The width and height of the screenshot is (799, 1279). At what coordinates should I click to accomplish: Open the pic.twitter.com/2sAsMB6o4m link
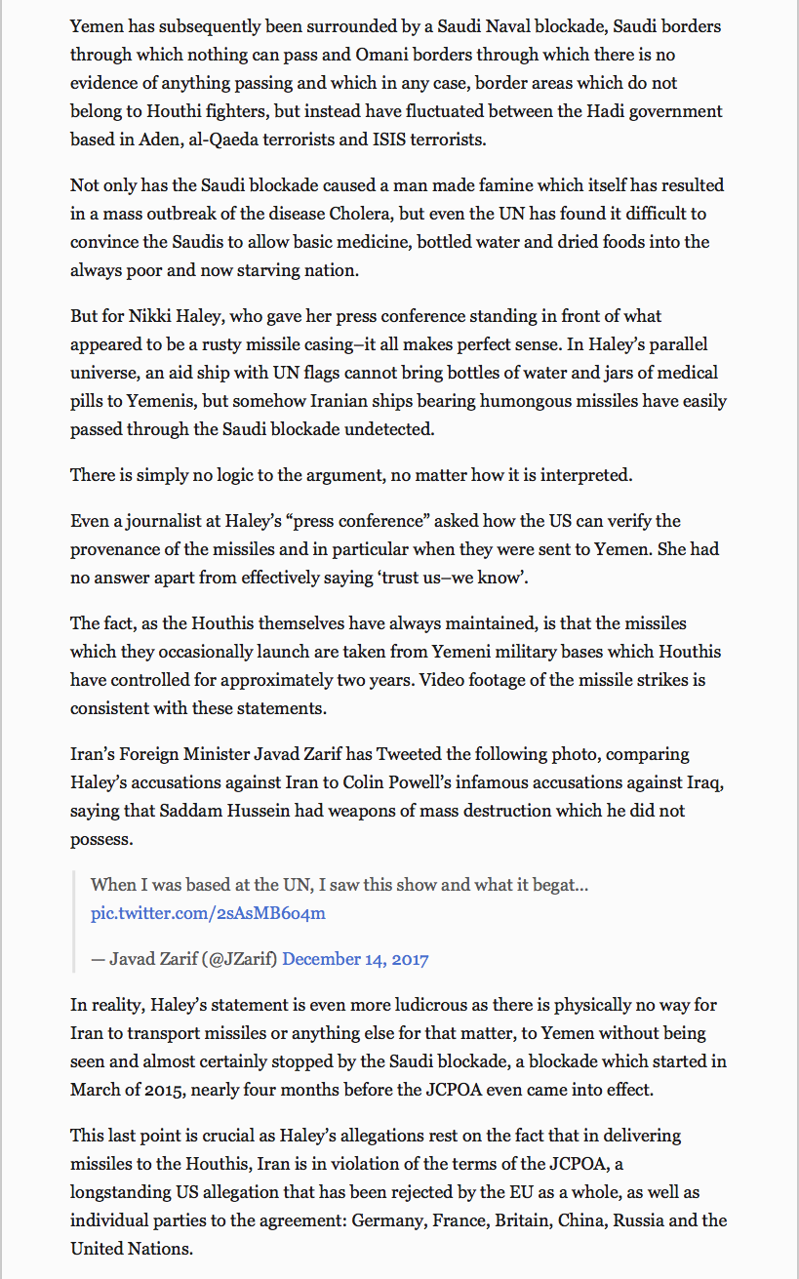(x=208, y=913)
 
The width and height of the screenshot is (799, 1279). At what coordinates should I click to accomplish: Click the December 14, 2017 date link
(x=355, y=959)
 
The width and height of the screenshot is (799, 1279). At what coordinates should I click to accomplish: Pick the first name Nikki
(x=150, y=316)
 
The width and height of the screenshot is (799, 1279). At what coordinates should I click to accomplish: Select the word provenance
(x=118, y=549)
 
